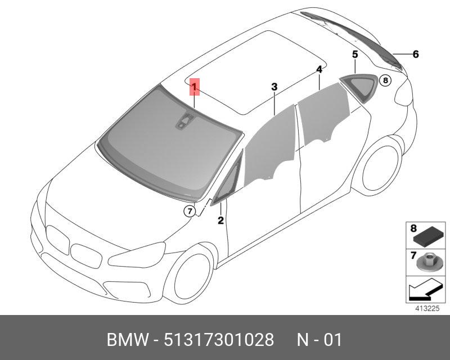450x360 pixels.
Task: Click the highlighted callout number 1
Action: [x=194, y=87]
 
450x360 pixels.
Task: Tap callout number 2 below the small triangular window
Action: [x=220, y=220]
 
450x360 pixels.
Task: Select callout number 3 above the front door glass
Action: [x=274, y=87]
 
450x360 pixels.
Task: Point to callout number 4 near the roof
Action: [x=319, y=70]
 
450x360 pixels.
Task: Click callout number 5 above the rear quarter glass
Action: [x=355, y=54]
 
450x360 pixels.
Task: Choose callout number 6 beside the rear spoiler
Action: [x=416, y=54]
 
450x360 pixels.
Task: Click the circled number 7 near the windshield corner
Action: [x=190, y=211]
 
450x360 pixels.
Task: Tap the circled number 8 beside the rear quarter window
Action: [x=385, y=80]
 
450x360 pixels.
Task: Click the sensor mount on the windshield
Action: [x=184, y=121]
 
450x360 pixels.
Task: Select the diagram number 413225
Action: [x=427, y=309]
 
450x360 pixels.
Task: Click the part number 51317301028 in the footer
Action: [x=219, y=340]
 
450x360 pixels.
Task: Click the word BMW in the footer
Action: [x=128, y=340]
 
